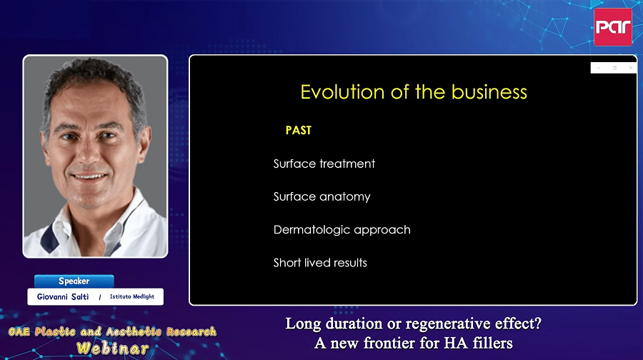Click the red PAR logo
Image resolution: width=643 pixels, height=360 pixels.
[613, 27]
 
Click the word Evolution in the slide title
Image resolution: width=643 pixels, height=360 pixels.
[342, 92]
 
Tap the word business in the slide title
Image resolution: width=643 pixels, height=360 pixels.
[489, 92]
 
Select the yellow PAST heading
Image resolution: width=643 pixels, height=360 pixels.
[299, 131]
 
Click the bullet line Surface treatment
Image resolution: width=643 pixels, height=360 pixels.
[324, 164]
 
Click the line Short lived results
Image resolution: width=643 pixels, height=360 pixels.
[320, 263]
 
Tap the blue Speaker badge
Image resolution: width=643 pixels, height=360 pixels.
[74, 281]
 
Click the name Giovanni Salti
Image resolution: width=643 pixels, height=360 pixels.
[63, 296]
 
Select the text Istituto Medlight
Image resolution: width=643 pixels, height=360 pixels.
[132, 296]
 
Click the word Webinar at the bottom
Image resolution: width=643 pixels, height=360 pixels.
[112, 349]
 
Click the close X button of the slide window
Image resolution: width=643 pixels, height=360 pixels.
[630, 68]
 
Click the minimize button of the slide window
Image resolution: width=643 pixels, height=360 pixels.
[598, 68]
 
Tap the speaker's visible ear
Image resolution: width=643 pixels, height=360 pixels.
[146, 139]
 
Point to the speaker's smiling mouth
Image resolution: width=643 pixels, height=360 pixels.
[89, 176]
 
